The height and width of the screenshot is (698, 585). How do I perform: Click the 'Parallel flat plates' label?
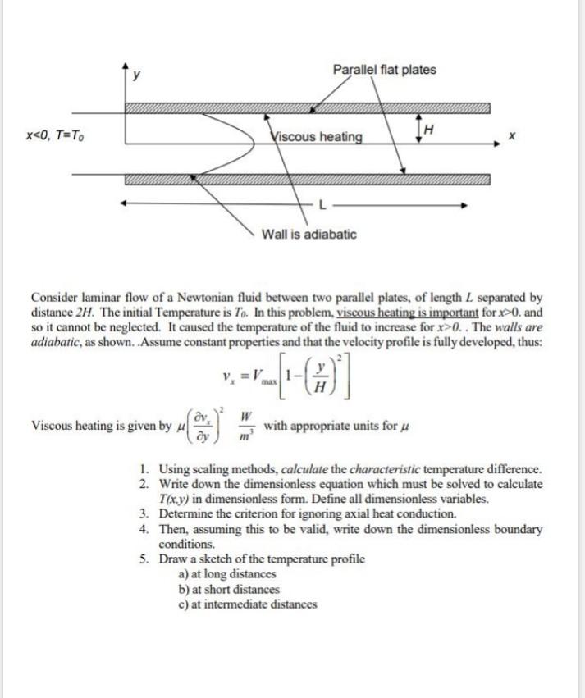click(x=384, y=70)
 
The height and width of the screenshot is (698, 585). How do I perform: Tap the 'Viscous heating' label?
click(x=316, y=135)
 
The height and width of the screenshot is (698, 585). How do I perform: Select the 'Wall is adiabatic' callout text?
click(x=308, y=235)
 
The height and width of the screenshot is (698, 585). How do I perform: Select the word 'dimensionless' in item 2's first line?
click(x=277, y=485)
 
